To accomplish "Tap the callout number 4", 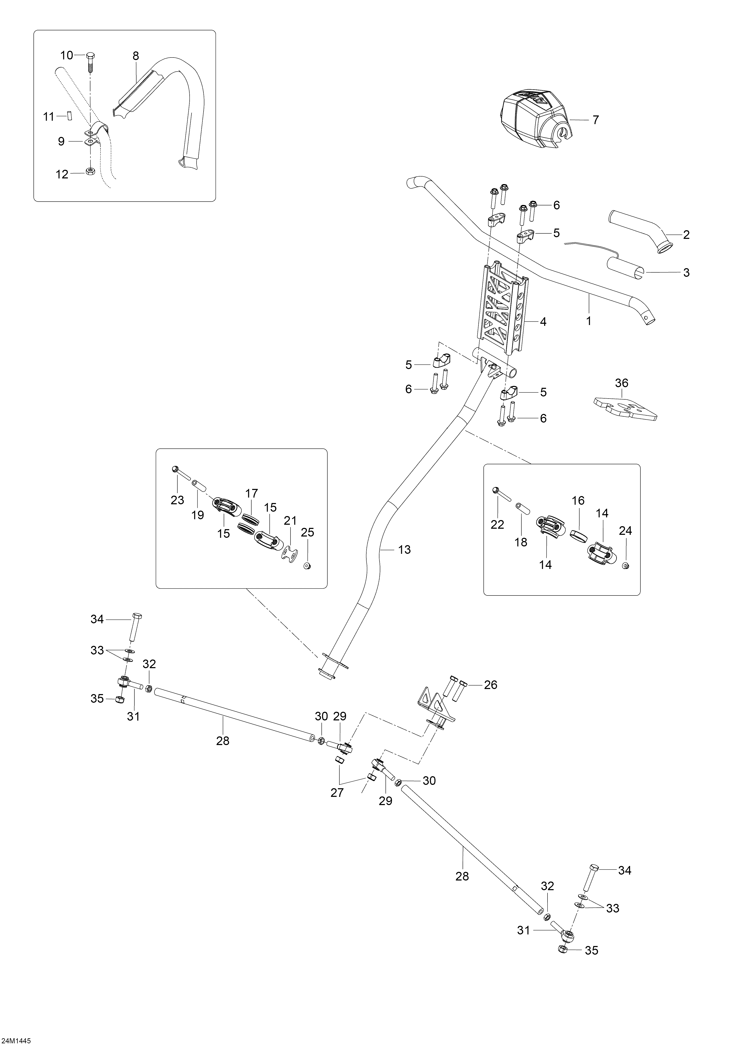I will pyautogui.click(x=543, y=322).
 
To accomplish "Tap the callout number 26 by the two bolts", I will pyautogui.click(x=491, y=697).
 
